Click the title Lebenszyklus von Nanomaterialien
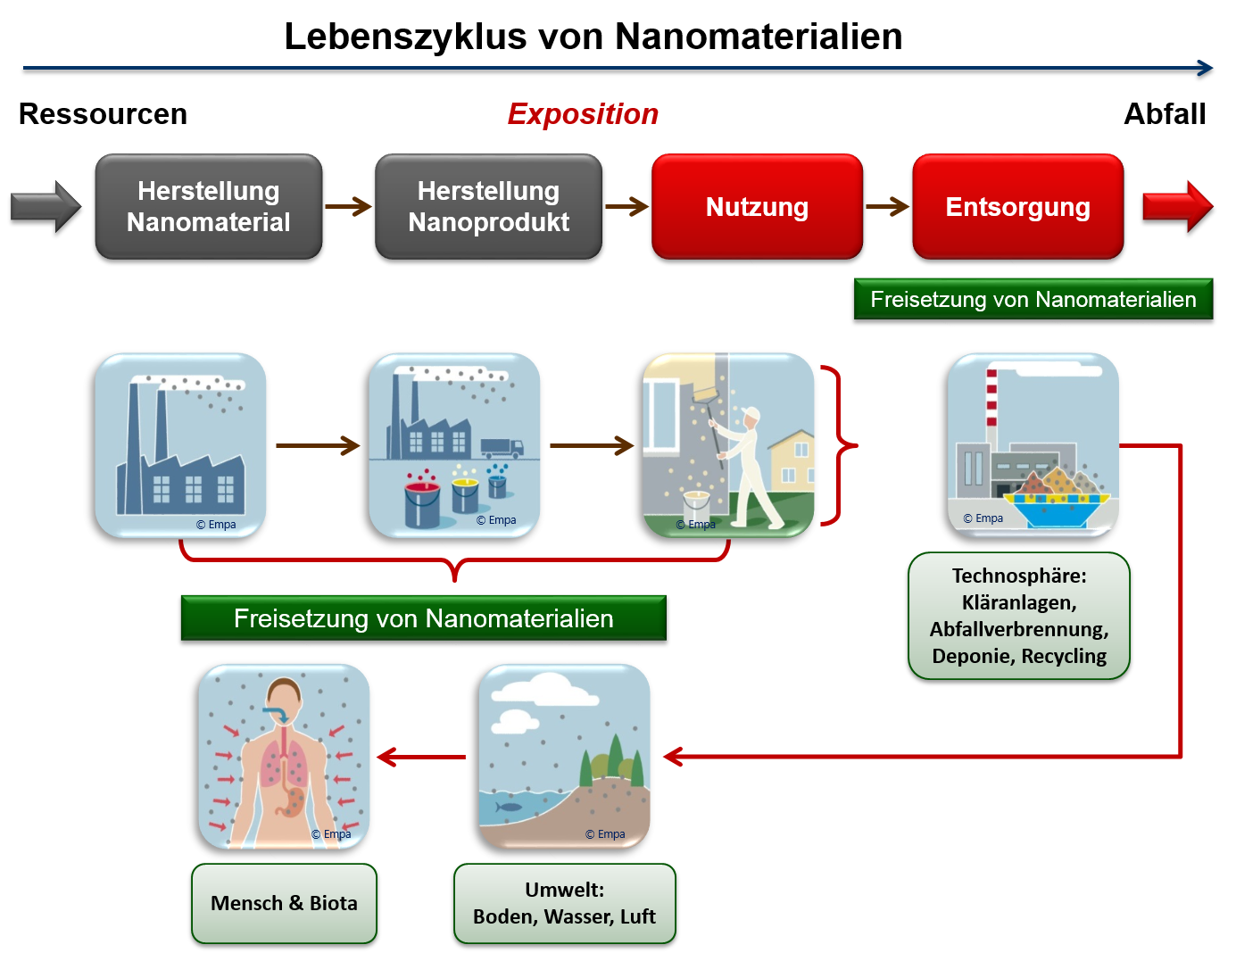593,37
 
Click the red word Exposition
583,114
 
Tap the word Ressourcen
103,114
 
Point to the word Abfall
1165,114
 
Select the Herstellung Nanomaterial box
209,207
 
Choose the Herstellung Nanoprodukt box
488,207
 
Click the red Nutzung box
757,207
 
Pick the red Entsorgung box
1017,207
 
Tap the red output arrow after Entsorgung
1177,207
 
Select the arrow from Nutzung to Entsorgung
887,207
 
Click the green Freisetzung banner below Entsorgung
1033,300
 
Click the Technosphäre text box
1019,616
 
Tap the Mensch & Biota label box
284,903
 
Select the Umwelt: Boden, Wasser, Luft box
564,903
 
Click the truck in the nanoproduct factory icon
502,447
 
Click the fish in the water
509,807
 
